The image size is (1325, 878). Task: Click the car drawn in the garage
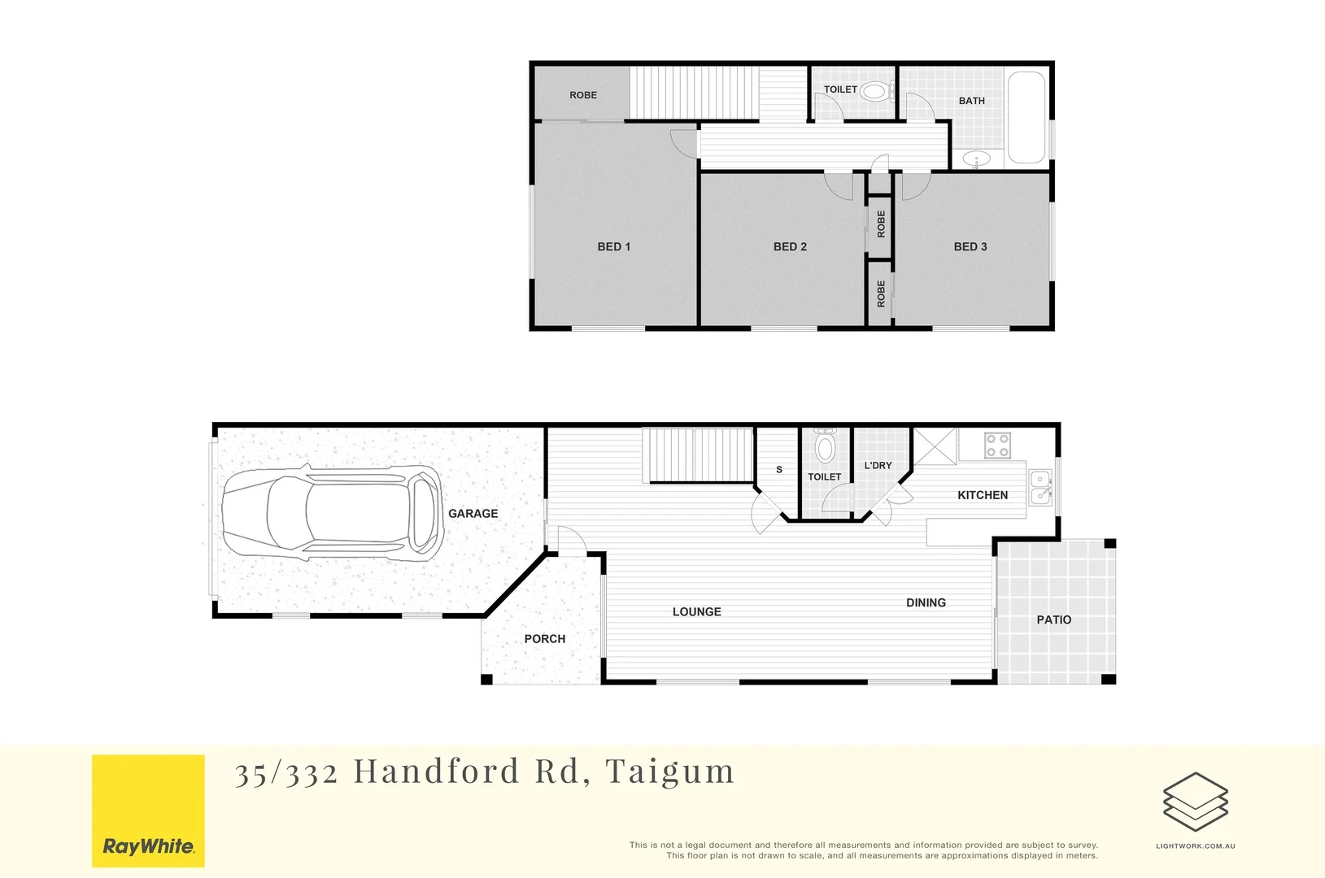333,513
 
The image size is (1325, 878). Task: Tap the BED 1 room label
614,246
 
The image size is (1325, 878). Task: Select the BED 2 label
790,246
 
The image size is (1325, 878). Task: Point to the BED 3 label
970,246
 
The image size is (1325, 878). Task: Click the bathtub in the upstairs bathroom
1026,118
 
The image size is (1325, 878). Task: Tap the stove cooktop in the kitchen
998,446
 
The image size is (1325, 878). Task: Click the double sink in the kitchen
1040,487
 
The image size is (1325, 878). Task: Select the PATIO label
1053,619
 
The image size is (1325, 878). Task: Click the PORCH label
545,639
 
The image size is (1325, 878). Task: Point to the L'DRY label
878,466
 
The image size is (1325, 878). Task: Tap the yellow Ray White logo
148,811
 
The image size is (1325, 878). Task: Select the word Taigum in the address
669,772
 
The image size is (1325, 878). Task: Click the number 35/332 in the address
286,772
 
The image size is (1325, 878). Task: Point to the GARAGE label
473,514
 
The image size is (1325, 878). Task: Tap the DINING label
926,602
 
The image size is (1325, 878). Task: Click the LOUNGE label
696,611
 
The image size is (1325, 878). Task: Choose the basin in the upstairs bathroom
977,159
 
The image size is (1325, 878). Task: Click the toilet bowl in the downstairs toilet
825,447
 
